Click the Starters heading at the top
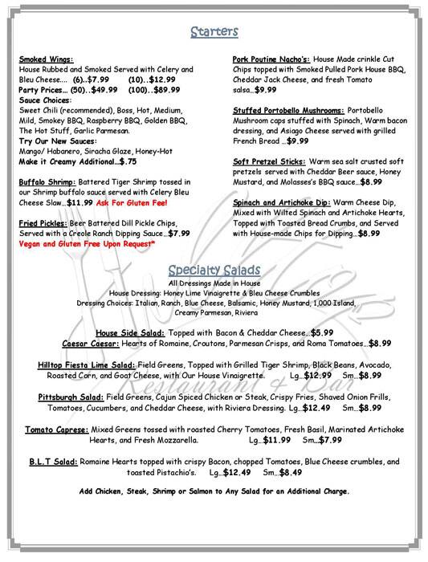click(213, 32)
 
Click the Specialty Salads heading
click(213, 267)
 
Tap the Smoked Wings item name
click(45, 59)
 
